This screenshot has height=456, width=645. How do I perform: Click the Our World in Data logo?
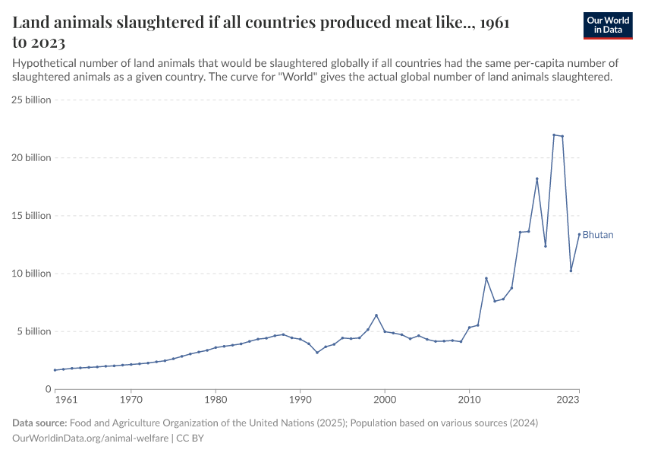point(608,25)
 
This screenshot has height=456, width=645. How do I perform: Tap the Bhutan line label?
point(598,235)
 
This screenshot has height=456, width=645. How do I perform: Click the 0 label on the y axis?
point(47,389)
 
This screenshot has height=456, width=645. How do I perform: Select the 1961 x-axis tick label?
point(67,398)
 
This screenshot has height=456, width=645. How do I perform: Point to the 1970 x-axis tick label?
point(131,398)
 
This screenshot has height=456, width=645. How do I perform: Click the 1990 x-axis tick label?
point(300,398)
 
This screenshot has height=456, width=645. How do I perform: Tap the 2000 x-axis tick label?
point(385,398)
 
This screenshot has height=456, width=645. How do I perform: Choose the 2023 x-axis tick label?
point(579,398)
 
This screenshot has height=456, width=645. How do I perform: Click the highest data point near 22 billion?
point(554,135)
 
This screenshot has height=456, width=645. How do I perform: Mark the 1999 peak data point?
point(376,315)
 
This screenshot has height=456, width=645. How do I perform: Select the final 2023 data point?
point(579,234)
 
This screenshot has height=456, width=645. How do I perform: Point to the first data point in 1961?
point(55,370)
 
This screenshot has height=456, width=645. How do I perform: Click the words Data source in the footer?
point(39,423)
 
